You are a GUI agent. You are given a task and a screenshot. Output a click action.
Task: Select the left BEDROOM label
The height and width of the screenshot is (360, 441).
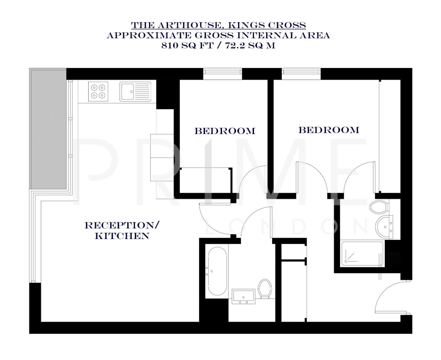coord(225,131)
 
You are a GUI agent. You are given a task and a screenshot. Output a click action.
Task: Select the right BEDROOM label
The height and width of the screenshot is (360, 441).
coord(329,130)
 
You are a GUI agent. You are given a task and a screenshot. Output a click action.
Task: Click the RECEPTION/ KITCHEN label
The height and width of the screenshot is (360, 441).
coord(122,230)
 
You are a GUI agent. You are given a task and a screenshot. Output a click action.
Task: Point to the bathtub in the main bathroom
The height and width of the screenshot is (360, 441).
coord(217,271)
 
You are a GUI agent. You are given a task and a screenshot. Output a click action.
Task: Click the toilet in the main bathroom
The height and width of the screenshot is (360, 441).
coord(265,288)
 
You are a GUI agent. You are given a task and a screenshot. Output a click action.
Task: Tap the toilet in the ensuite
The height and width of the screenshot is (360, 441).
coord(378,206)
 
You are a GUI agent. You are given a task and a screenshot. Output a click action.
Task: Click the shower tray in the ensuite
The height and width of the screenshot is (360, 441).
coord(362,254)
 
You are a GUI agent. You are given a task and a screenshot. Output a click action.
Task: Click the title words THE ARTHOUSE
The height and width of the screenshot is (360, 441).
coord(175,25)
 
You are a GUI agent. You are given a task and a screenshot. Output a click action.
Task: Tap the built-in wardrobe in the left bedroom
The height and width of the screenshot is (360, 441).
coord(205,180)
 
